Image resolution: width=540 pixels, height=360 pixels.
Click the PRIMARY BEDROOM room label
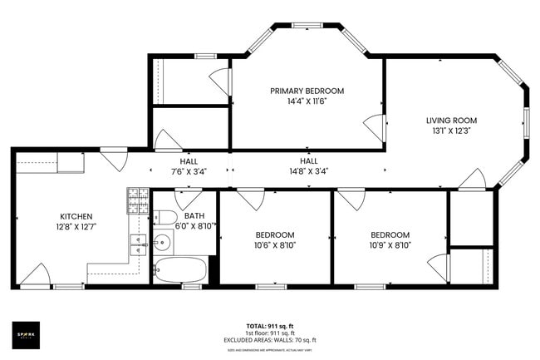[307, 91]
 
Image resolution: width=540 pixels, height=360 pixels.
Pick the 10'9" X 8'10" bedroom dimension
[390, 245]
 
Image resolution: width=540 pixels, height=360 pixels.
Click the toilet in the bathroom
[165, 218]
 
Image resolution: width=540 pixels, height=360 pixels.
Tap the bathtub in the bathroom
[180, 269]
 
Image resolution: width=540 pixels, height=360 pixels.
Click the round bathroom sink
[163, 243]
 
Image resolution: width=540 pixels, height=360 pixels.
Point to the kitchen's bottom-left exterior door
[34, 275]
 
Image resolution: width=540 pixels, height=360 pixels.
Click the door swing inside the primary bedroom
[375, 127]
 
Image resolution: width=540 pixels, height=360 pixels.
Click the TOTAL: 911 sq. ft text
[269, 325]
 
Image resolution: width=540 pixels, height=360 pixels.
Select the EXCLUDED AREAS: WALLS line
[269, 340]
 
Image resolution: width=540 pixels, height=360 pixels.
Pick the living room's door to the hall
[474, 179]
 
